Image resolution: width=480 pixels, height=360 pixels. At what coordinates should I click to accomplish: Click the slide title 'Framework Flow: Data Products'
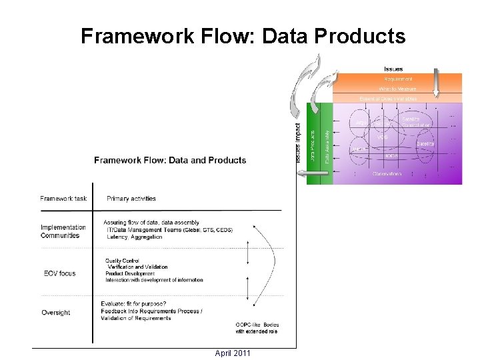[243, 37]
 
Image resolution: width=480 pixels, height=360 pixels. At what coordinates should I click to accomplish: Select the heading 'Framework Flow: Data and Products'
[170, 160]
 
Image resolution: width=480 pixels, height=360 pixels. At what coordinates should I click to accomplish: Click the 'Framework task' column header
[63, 198]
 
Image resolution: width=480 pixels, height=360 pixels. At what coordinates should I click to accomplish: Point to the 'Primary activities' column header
[131, 198]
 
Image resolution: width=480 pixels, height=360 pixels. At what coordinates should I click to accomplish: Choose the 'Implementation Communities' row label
[63, 231]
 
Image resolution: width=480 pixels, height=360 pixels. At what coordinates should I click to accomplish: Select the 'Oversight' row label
[55, 313]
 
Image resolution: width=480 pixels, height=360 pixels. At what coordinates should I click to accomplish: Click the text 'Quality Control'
[121, 260]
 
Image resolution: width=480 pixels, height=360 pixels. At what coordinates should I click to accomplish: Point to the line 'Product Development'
[130, 273]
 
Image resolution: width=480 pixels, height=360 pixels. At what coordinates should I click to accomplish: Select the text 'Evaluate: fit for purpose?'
[134, 304]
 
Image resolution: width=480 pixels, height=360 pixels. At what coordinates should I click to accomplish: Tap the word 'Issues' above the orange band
[393, 69]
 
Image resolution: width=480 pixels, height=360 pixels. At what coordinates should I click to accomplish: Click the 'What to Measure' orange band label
[397, 88]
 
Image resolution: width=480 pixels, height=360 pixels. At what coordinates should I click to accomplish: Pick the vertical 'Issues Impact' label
[297, 143]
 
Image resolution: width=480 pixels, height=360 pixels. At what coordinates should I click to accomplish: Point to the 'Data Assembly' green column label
[326, 147]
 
